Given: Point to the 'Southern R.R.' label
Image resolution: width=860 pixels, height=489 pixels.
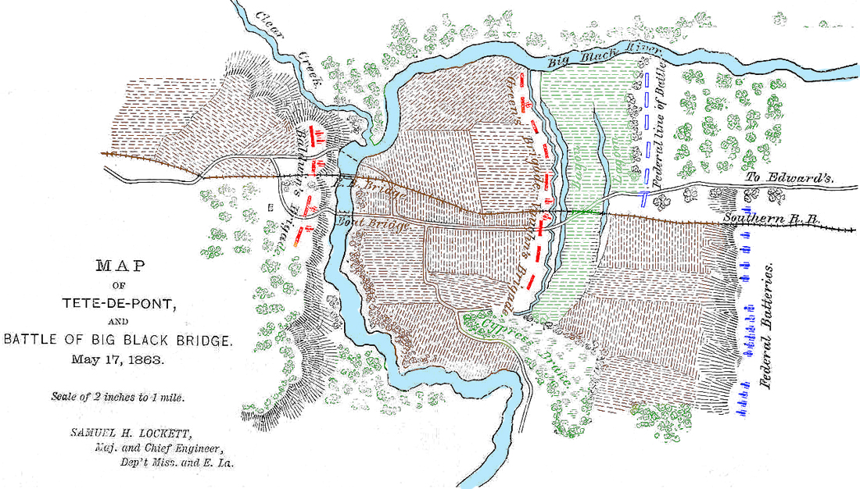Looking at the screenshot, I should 771,220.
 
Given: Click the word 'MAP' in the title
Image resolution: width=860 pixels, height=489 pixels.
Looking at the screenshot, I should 120,266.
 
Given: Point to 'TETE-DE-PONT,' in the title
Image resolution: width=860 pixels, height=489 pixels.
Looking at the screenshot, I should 120,303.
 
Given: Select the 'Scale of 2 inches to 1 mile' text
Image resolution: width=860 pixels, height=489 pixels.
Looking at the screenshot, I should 120,398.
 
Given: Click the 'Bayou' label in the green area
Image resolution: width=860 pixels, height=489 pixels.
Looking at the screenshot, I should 581,168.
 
